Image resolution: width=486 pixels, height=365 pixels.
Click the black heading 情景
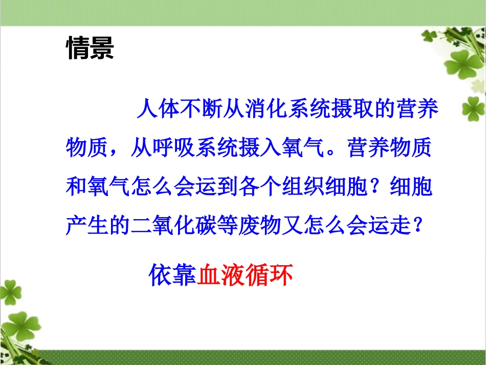pyautogui.click(x=90, y=49)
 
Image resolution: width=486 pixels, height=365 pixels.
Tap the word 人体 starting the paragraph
pyautogui.click(x=159, y=111)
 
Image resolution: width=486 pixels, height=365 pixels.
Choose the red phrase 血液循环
pyautogui.click(x=245, y=276)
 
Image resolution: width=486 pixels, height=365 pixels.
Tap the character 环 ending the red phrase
pyautogui.click(x=281, y=276)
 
